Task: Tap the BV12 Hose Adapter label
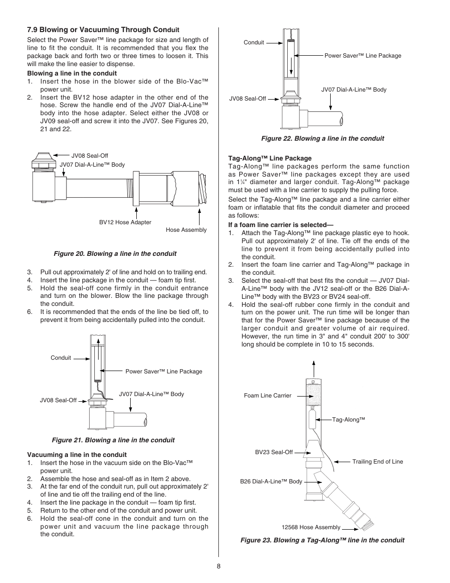click(125, 222)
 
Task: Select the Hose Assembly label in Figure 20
click(186, 230)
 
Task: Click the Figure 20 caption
click(115, 253)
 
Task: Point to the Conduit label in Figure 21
click(61, 358)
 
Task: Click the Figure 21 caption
click(113, 440)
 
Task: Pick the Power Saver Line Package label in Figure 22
click(362, 56)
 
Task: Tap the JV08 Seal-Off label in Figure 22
click(248, 99)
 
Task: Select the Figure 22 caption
click(323, 138)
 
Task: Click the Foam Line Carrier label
click(267, 396)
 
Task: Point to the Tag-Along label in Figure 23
click(349, 420)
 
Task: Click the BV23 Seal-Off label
click(274, 452)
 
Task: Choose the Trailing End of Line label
click(377, 462)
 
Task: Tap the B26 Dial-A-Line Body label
click(271, 482)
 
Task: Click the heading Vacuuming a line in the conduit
click(77, 455)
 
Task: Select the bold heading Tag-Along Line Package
click(270, 158)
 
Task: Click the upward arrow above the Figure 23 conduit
click(314, 368)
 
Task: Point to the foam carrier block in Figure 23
click(314, 395)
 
